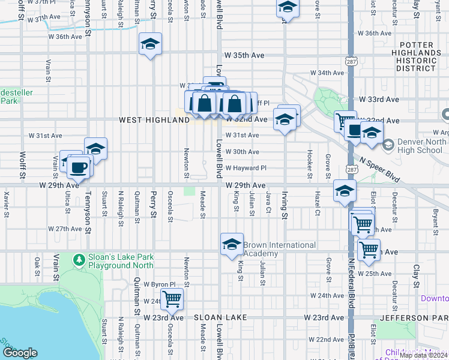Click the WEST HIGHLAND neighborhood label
pos(154,120)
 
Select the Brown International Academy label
pos(279,249)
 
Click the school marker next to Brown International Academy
pos(232,244)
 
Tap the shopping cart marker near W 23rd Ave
pos(172,298)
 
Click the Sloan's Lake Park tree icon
pos(78,260)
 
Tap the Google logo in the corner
pos(20,353)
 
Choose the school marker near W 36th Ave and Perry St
pos(150,44)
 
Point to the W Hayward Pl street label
pos(246,168)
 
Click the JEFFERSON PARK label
pos(423,317)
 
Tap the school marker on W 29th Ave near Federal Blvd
pos(345,191)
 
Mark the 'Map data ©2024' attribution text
pos(424,355)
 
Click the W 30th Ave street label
pos(243,152)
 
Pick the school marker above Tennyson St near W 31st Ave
pos(95,148)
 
